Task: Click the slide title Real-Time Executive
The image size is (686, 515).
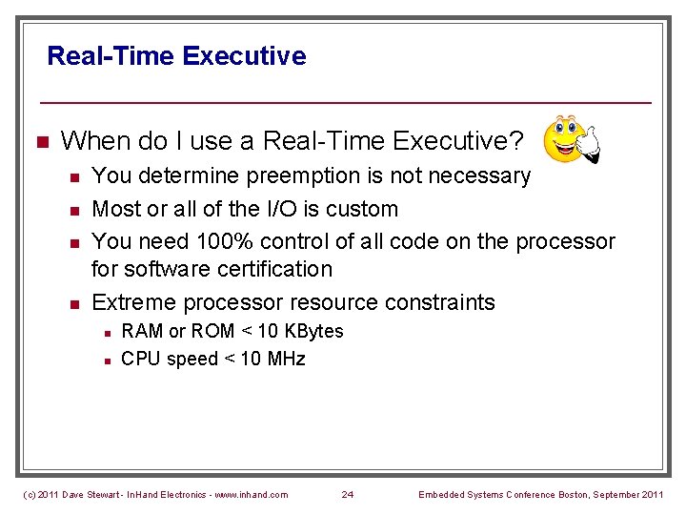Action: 176,55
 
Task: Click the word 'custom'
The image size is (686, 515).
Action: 362,208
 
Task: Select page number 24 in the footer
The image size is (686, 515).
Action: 348,494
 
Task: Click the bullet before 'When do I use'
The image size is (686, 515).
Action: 41,142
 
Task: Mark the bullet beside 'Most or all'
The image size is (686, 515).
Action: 73,209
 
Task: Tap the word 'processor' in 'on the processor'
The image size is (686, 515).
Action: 564,241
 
